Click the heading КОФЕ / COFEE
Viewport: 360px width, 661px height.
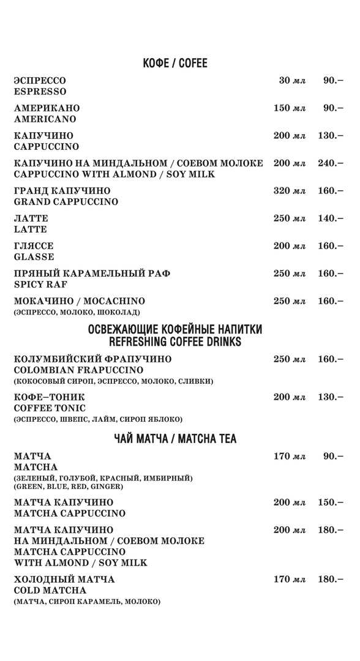pos(175,64)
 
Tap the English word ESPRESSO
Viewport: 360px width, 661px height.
pos(40,92)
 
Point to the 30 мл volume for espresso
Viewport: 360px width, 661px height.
pos(292,81)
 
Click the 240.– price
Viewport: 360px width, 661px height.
pos(331,163)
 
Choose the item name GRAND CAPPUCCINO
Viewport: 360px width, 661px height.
pos(66,202)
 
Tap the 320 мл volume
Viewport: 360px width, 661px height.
pos(289,191)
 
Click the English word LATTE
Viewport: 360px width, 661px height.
pos(31,230)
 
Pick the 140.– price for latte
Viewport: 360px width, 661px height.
pos(331,218)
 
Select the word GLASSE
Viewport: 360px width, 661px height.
pos(34,257)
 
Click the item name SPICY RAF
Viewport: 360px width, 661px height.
pos(40,285)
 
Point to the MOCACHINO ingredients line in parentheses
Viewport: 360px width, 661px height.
pos(81,313)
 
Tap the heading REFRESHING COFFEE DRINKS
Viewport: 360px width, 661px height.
pos(174,342)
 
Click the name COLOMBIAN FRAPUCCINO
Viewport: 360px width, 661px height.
pos(78,370)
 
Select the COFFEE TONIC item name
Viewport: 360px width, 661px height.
pos(50,408)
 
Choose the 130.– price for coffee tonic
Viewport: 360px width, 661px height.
pos(331,397)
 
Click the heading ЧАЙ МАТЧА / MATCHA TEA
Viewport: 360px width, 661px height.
pos(175,439)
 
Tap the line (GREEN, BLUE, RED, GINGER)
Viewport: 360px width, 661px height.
pos(69,487)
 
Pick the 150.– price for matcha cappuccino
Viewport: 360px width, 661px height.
pos(331,502)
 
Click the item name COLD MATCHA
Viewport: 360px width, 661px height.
pos(50,591)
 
